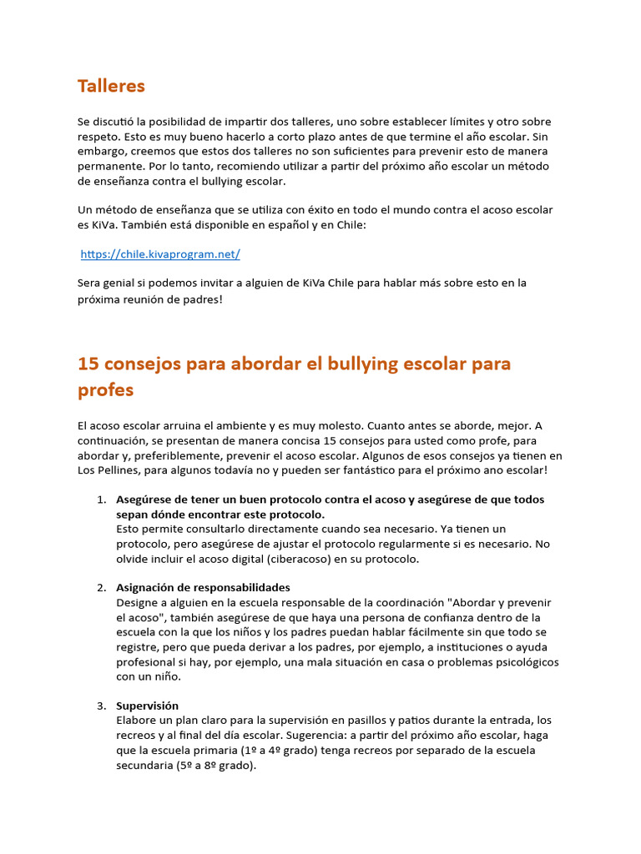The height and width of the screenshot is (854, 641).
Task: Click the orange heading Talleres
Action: (x=111, y=86)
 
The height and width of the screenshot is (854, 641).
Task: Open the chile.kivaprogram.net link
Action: (x=160, y=254)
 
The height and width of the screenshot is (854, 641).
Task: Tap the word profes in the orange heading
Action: (x=105, y=390)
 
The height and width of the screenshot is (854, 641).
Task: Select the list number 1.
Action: (x=101, y=500)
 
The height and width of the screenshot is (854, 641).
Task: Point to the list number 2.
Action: (x=101, y=587)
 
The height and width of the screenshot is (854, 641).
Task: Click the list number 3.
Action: (x=101, y=706)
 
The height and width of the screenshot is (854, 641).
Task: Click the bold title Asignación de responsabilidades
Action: (x=203, y=587)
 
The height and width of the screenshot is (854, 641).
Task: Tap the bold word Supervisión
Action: (x=147, y=706)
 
